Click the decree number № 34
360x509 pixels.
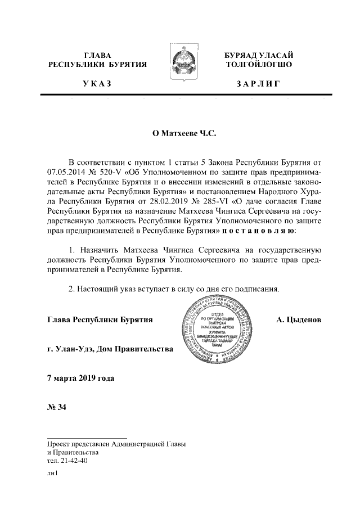[57, 407]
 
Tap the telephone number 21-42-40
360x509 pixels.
[73, 460]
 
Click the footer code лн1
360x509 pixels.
[53, 474]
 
